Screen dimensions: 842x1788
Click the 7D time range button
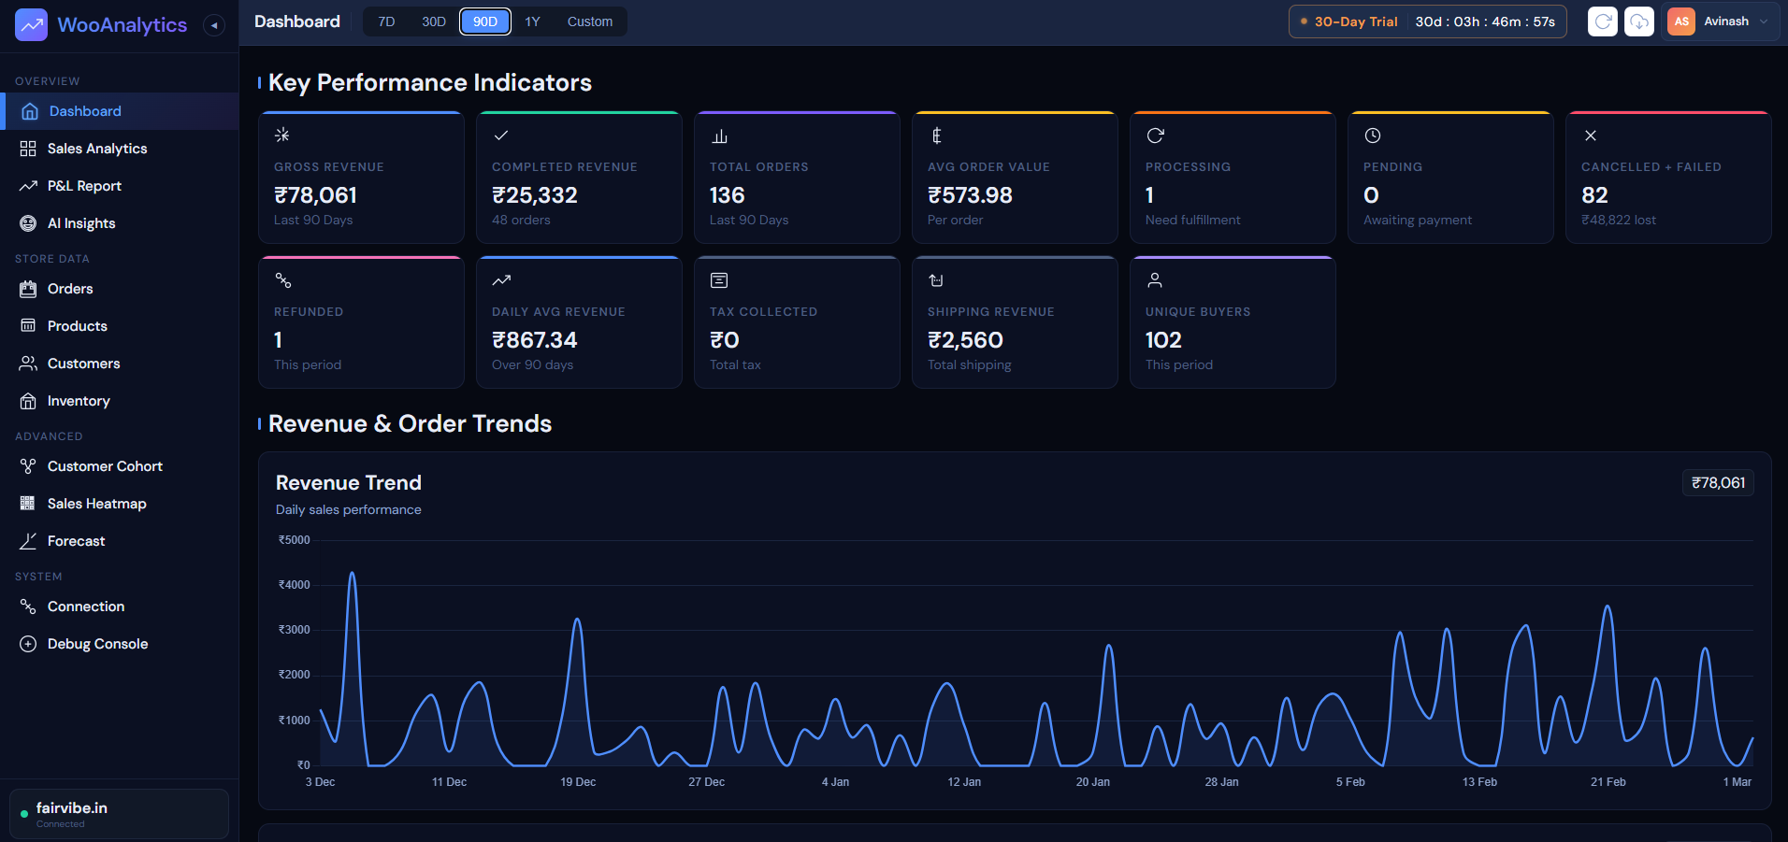point(386,21)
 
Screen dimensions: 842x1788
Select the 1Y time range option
point(532,21)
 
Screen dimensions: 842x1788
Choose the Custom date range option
point(589,21)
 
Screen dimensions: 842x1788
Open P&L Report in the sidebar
point(84,186)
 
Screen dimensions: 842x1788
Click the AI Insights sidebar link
point(81,223)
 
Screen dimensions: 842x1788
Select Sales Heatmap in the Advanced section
point(96,504)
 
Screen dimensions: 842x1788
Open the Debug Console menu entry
point(97,644)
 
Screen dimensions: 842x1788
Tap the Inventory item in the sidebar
point(79,401)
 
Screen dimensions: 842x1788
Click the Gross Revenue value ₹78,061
point(315,195)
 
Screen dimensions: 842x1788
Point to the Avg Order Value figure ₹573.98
point(970,195)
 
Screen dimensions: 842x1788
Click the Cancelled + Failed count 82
point(1594,195)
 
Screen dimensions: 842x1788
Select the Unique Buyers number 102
point(1163,340)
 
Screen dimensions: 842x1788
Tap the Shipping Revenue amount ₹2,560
point(965,340)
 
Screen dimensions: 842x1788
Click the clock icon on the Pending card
point(1372,136)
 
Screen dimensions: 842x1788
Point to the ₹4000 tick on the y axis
point(295,585)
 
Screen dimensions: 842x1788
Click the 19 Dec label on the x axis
point(578,782)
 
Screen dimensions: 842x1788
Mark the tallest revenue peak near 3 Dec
point(353,574)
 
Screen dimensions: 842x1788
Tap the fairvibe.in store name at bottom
point(72,807)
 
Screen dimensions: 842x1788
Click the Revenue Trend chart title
point(348,482)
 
